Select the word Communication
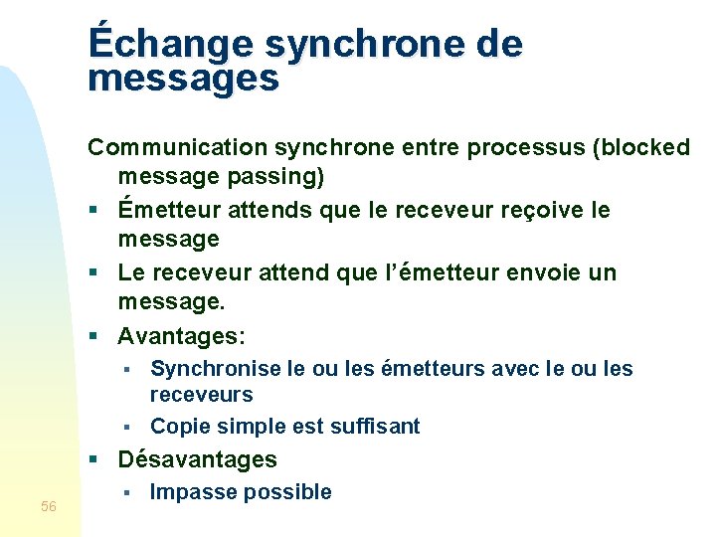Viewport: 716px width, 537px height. pyautogui.click(x=177, y=147)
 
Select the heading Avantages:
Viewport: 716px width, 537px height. pyautogui.click(x=181, y=335)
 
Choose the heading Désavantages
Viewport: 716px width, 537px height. pyautogui.click(x=197, y=459)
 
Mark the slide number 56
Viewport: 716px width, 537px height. pyautogui.click(x=49, y=507)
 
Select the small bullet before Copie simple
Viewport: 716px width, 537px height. pyautogui.click(x=127, y=428)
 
